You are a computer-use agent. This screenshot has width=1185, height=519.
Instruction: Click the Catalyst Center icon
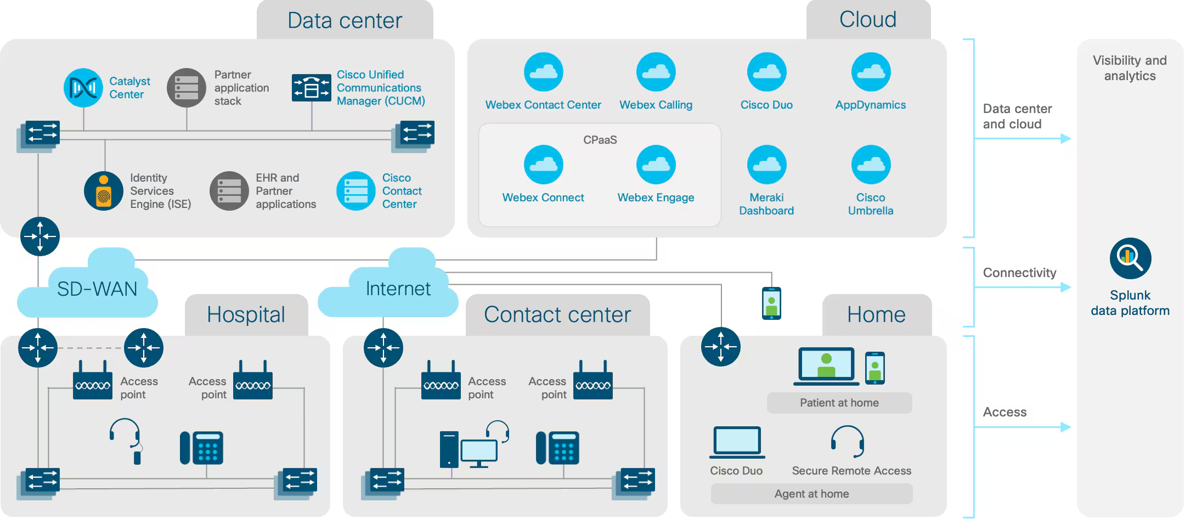pyautogui.click(x=83, y=87)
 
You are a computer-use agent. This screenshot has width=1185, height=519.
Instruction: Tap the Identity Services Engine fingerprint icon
pyautogui.click(x=104, y=191)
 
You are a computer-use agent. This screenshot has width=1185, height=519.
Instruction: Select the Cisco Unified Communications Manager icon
pyautogui.click(x=311, y=88)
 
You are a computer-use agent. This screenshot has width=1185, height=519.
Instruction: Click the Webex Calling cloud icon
pyautogui.click(x=656, y=72)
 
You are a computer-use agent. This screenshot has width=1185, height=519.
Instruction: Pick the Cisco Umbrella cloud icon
pyautogui.click(x=871, y=165)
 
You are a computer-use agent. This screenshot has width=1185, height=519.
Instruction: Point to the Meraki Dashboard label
pyautogui.click(x=766, y=204)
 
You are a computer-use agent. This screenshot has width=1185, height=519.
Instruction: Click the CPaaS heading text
pyautogui.click(x=600, y=140)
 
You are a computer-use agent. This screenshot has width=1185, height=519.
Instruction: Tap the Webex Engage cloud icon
pyautogui.click(x=656, y=165)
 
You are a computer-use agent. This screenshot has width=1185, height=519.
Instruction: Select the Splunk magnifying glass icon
pyautogui.click(x=1130, y=258)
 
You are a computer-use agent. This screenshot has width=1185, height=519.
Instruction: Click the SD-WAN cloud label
pyautogui.click(x=97, y=289)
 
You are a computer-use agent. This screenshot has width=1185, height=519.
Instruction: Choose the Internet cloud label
pyautogui.click(x=398, y=289)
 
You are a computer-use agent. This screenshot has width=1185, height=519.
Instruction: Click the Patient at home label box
pyautogui.click(x=839, y=403)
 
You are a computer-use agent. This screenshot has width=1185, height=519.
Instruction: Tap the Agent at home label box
pyautogui.click(x=811, y=494)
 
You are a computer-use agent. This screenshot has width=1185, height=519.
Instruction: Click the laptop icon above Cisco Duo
pyautogui.click(x=737, y=442)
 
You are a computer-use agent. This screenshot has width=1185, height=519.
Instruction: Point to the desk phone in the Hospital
pyautogui.click(x=202, y=448)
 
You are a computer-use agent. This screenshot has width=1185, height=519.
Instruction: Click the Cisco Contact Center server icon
pyautogui.click(x=356, y=191)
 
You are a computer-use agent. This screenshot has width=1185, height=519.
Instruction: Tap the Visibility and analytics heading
pyautogui.click(x=1130, y=68)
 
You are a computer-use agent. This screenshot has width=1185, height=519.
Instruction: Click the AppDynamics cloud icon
pyautogui.click(x=871, y=72)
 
